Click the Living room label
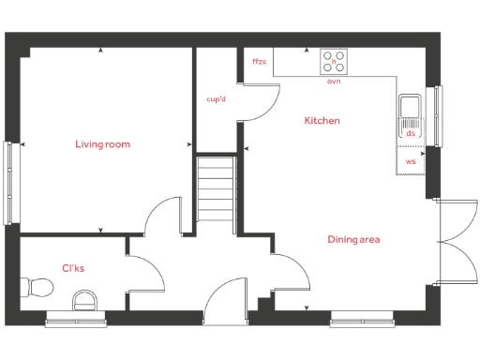coord(103,144)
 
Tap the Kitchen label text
coord(322,121)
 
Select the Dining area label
coord(353,240)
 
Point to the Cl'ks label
coord(74,269)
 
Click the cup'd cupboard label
coord(217,97)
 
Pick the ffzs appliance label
coord(260,62)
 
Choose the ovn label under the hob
coord(333,82)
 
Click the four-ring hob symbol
coord(333,62)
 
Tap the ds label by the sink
coord(411,133)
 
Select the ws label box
coord(411,161)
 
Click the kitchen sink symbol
coord(410,112)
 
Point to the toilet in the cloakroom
coord(41,285)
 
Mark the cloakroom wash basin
coord(84,300)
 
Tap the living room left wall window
coord(8,182)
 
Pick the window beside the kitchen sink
coord(436,115)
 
